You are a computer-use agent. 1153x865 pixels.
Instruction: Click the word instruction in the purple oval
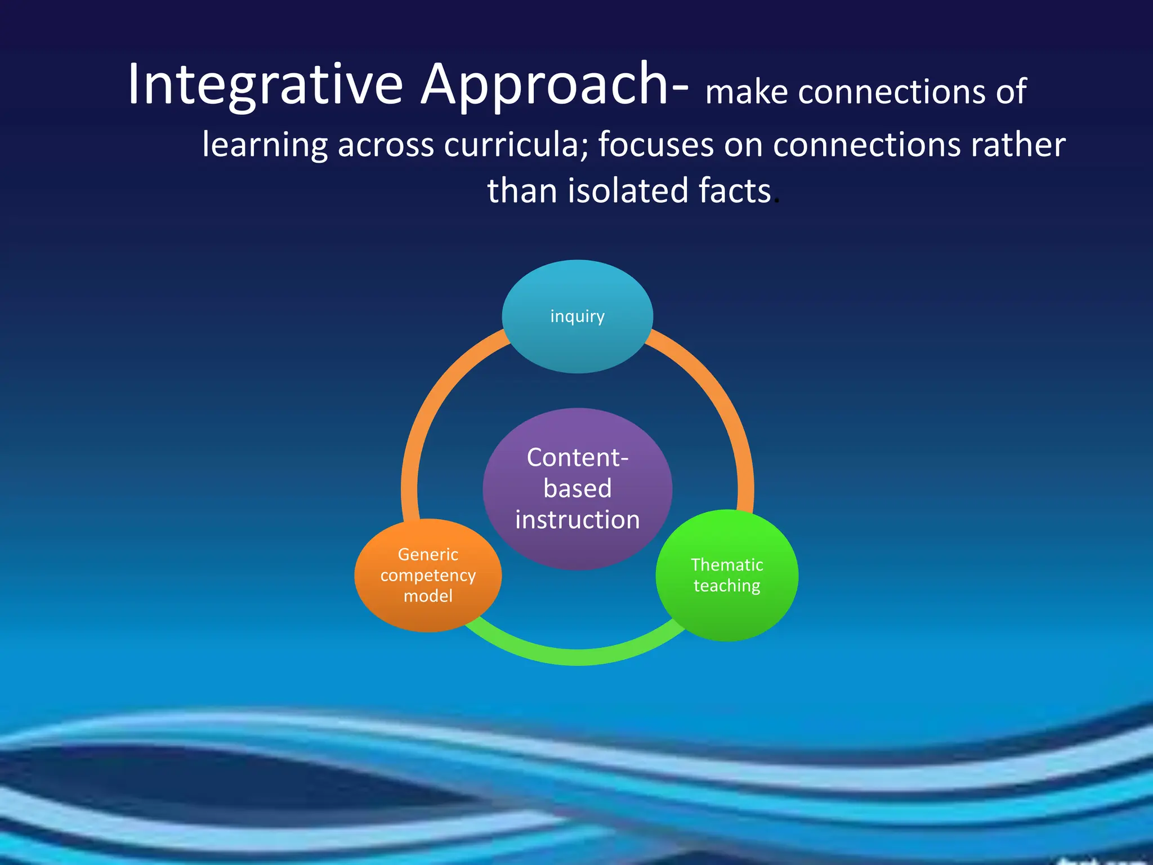(x=577, y=519)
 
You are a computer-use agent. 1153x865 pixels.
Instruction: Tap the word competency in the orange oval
(x=428, y=575)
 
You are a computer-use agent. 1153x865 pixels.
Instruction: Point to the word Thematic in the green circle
(x=727, y=564)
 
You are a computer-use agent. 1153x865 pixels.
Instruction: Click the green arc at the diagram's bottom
(x=577, y=657)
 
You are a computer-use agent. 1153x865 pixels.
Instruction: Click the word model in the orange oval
(x=428, y=596)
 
